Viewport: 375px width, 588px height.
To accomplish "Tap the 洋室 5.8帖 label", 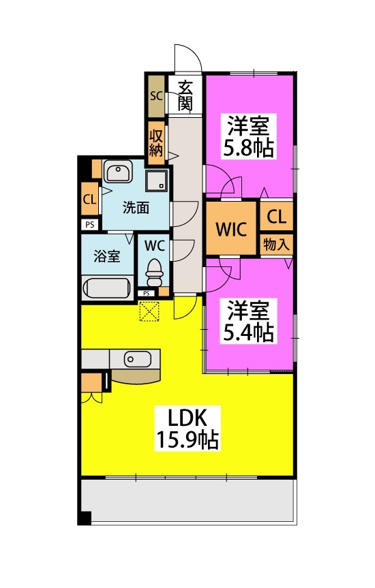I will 249,137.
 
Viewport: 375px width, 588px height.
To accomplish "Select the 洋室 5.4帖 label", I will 249,322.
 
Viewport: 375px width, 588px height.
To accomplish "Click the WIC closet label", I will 230,228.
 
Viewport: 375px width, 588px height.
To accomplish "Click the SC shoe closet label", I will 156,95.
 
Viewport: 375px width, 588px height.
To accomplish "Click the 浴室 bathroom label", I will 106,257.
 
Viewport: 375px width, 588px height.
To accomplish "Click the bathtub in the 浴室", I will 107,288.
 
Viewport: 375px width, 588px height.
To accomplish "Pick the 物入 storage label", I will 276,245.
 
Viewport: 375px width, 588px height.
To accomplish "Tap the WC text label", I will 155,245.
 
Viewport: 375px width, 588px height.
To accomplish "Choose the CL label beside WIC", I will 276,217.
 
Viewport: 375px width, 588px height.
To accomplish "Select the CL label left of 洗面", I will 89,200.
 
